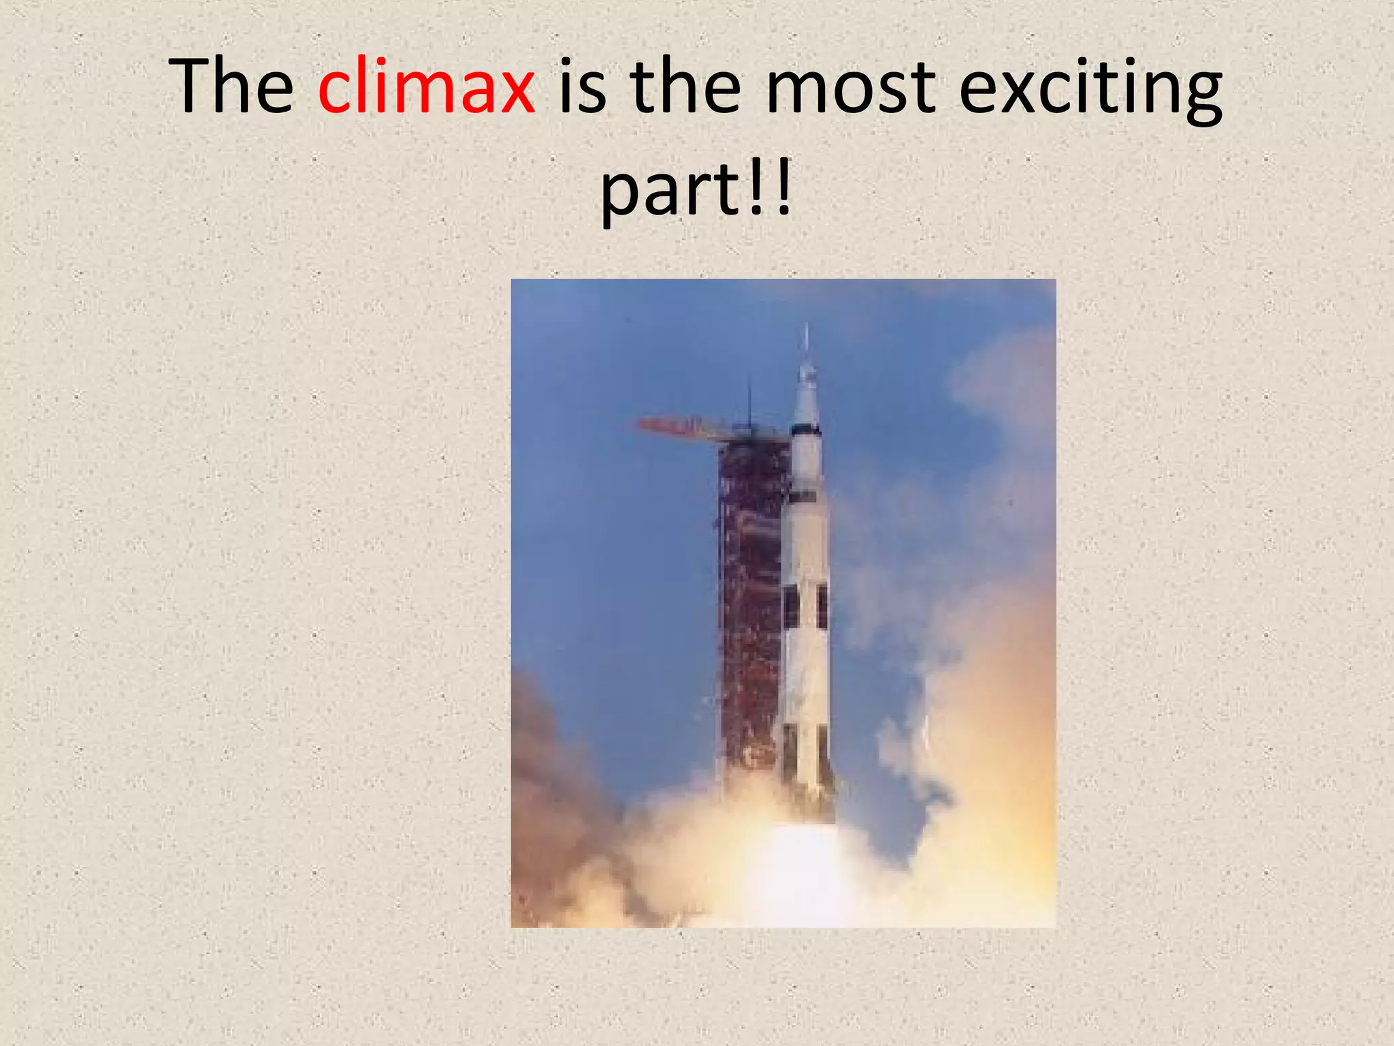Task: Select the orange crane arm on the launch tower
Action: [681, 428]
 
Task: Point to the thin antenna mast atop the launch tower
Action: [749, 402]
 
